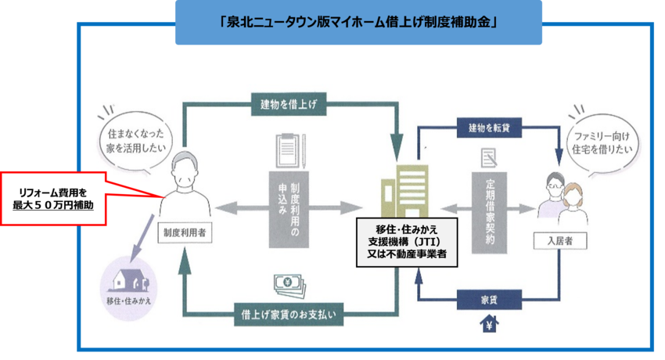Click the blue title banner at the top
click(359, 22)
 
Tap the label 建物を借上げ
click(289, 103)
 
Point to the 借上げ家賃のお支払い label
click(288, 315)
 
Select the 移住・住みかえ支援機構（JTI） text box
click(406, 241)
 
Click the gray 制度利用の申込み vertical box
click(289, 208)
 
